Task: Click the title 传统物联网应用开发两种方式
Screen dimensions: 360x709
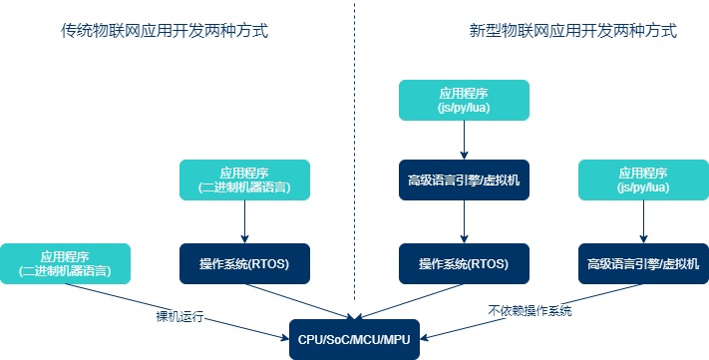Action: pos(165,32)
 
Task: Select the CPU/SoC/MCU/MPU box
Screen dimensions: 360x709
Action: pos(354,339)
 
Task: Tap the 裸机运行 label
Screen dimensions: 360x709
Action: pos(180,317)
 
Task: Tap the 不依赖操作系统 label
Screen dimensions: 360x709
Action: pos(530,311)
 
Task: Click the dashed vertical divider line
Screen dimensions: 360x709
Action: pos(354,150)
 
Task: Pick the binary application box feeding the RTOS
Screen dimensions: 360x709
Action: pos(244,180)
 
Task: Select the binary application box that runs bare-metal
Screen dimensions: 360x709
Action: pos(65,263)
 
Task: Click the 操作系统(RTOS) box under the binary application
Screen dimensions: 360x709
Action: pos(244,263)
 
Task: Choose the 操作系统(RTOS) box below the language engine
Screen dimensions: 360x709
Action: pos(464,263)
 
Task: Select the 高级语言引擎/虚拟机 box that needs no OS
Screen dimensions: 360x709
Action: pos(643,263)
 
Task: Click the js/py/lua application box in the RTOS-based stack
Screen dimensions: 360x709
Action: pos(464,99)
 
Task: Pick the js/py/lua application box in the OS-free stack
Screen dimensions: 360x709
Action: pos(643,180)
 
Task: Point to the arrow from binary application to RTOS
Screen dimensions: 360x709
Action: pos(244,221)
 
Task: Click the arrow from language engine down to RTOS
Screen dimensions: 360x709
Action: pos(464,221)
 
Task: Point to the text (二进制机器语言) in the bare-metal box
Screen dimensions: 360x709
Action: pos(65,270)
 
